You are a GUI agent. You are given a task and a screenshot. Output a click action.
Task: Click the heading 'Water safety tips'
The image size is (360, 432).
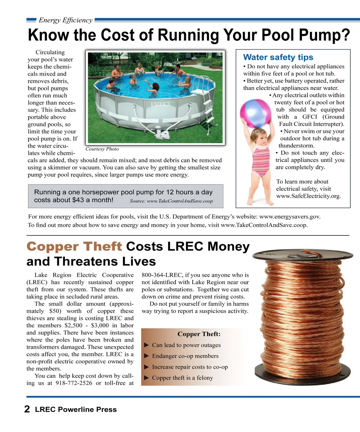278,57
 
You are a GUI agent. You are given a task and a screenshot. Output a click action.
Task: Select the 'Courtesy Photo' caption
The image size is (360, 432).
102,149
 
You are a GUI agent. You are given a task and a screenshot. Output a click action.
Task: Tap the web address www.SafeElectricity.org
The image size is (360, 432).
308,196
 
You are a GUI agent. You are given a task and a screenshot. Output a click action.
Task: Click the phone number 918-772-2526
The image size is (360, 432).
74,383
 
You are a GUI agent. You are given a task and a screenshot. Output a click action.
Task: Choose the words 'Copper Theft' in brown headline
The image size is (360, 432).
74,247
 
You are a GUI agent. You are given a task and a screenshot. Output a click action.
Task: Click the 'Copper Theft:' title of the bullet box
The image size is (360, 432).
199,334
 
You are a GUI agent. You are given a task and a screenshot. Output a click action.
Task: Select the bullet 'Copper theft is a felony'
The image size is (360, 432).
182,378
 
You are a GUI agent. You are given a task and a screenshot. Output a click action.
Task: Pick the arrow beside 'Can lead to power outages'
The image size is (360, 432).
146,345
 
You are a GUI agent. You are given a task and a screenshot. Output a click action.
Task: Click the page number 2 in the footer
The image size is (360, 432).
27,409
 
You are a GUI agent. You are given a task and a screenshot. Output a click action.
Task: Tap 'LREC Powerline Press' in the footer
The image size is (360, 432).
76,409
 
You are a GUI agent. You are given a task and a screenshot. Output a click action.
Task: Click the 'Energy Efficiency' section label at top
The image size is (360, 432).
65,20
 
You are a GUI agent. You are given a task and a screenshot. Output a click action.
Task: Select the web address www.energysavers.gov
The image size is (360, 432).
289,217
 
